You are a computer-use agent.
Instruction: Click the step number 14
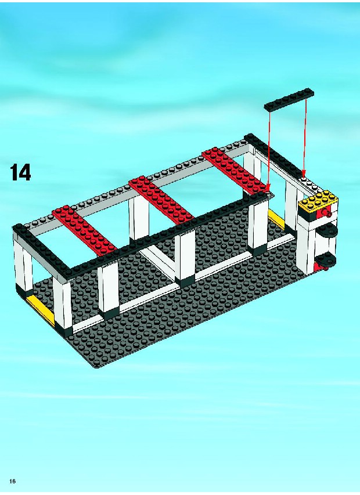(x=21, y=172)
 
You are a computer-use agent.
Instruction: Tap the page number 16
(x=13, y=481)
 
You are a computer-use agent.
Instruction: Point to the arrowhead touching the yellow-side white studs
(x=304, y=174)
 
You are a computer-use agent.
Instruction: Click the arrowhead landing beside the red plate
(x=268, y=187)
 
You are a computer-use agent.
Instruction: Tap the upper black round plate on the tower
(x=327, y=231)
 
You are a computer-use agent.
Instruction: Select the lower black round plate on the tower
(x=326, y=260)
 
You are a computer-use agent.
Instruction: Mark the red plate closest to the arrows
(x=235, y=170)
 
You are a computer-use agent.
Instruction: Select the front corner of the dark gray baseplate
(x=95, y=367)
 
